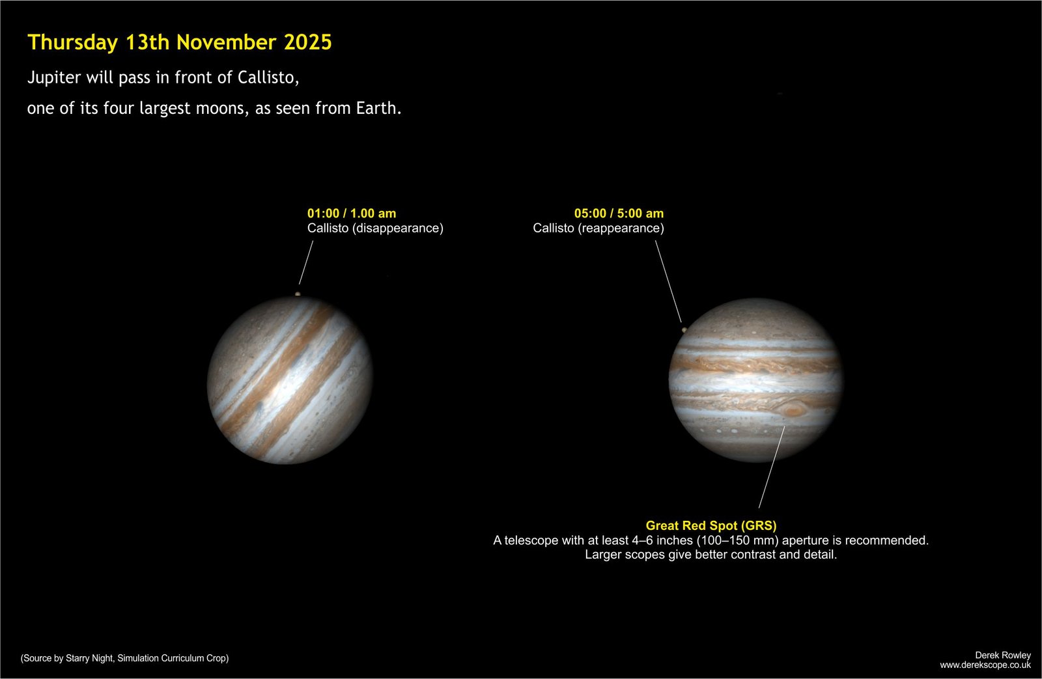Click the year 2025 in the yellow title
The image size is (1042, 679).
(307, 42)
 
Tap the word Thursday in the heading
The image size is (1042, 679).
(72, 43)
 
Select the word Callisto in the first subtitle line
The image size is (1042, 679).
(268, 77)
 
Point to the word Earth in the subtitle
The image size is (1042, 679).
(378, 108)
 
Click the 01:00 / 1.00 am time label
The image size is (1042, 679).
(352, 214)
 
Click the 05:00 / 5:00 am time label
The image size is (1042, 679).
(619, 214)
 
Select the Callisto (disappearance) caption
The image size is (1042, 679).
(375, 229)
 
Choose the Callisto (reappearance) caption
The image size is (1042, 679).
(598, 229)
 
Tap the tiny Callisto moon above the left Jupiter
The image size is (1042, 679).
(298, 294)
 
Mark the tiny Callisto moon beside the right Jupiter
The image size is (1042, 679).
(684, 329)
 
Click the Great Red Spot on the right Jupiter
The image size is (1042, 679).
(792, 409)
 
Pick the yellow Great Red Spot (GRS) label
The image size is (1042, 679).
(711, 525)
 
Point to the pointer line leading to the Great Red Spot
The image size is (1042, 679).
(772, 467)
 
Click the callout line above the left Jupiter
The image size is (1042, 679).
(306, 262)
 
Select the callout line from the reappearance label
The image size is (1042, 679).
(668, 281)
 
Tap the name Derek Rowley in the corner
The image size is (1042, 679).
(1003, 656)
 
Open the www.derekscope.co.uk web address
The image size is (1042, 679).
(985, 665)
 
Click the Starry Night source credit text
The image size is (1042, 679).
(124, 658)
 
